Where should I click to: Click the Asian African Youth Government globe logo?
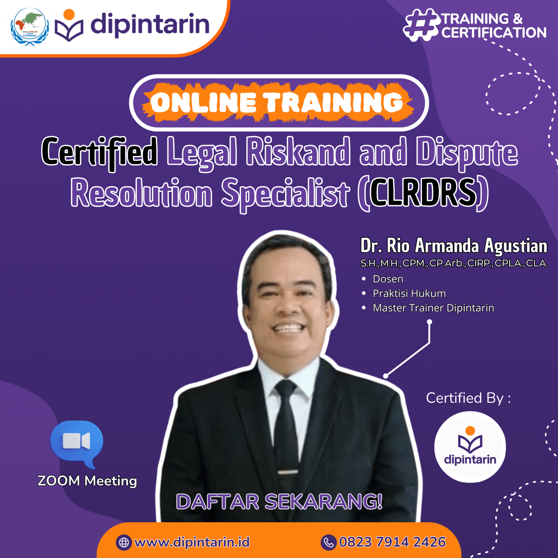(x=30, y=27)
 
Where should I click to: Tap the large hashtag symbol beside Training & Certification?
(x=421, y=25)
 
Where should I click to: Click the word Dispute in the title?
(x=467, y=152)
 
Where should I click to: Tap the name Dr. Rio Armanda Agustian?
(x=454, y=246)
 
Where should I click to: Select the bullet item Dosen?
(x=388, y=279)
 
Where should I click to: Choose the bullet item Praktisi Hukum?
(x=409, y=294)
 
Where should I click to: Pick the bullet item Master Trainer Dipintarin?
(x=433, y=308)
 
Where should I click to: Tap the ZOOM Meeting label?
(x=87, y=481)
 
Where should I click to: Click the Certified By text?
(x=468, y=398)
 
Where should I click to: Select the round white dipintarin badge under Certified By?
(x=470, y=447)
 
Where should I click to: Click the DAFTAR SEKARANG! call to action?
(x=279, y=502)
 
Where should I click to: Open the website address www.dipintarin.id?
(x=192, y=542)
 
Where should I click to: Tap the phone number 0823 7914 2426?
(x=392, y=542)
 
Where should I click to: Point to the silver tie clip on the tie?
(x=288, y=472)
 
